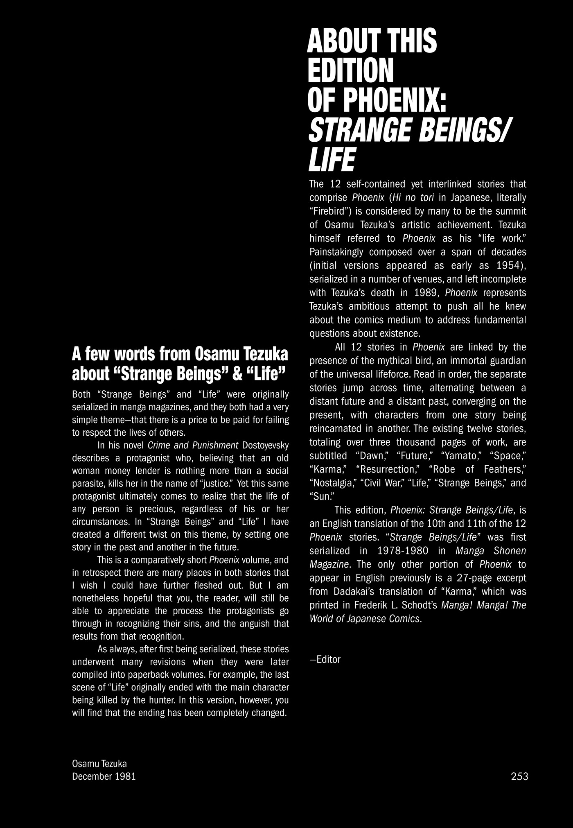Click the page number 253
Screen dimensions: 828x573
[x=519, y=776]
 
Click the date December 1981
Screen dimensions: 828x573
[x=104, y=776]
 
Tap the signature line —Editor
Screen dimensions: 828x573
[x=325, y=659]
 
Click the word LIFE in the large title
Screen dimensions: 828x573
[x=332, y=160]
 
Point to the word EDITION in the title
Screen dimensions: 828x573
[x=350, y=70]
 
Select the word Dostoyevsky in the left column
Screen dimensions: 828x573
[x=266, y=445]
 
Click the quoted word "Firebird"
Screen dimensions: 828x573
[x=332, y=211]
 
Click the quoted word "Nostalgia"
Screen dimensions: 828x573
[x=334, y=482]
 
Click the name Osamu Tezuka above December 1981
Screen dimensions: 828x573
[x=99, y=763]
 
